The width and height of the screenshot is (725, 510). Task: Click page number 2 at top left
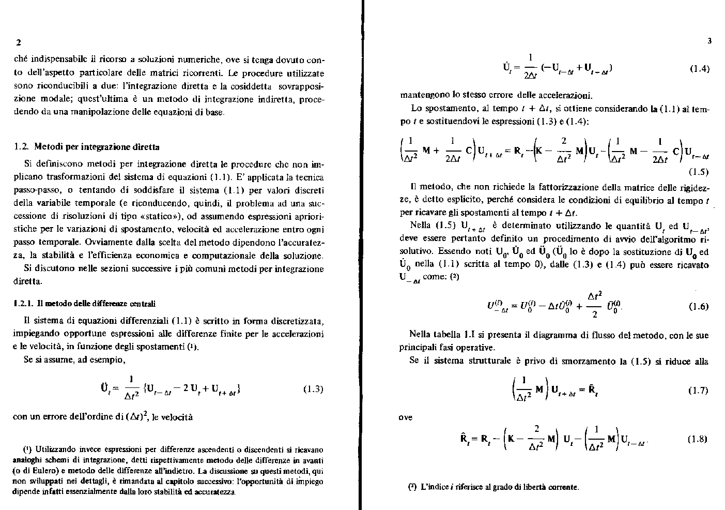coord(18,41)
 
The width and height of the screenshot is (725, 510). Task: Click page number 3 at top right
coord(709,41)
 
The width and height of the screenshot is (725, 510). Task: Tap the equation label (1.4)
coord(699,68)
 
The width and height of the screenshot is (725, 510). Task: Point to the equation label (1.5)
coord(699,172)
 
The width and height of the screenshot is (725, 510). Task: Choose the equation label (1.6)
coord(699,306)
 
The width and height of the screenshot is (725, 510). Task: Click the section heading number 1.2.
coord(21,147)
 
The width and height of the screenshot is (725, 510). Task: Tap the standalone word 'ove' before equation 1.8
coord(406,417)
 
